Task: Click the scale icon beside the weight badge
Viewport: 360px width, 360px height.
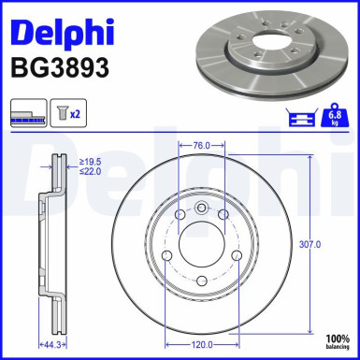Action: [304, 116]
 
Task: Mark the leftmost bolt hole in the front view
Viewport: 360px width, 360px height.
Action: [166, 256]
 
